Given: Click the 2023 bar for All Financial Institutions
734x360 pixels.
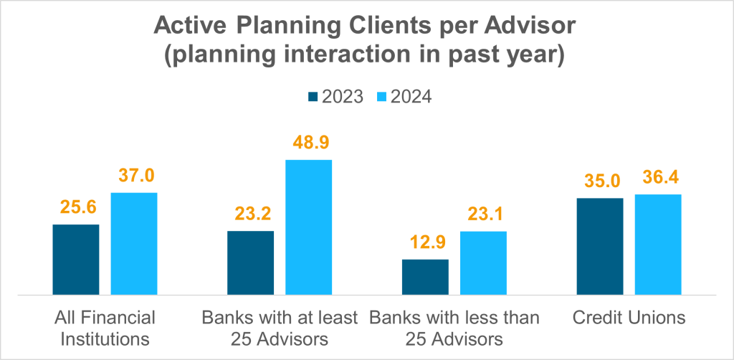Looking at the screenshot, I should pos(76,260).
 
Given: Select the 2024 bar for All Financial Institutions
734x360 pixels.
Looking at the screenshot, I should pos(134,244).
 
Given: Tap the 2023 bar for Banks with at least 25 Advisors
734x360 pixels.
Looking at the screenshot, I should pos(251,262).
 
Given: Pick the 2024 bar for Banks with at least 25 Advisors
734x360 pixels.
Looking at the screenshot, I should pos(309,227).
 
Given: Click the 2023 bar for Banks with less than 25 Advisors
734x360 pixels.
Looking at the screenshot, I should pos(425,277).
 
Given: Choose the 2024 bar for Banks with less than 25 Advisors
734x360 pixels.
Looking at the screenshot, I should pos(483,262).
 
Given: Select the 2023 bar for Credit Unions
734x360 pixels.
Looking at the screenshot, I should pos(600,246).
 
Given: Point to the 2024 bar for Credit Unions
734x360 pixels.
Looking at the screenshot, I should pos(658,245).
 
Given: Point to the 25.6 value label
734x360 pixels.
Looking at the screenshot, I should pos(76,209).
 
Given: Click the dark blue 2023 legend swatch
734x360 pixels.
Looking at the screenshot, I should pos(313,97).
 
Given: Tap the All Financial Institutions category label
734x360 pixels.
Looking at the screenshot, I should pos(105,327).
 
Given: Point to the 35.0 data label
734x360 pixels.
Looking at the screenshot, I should pos(600,182).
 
